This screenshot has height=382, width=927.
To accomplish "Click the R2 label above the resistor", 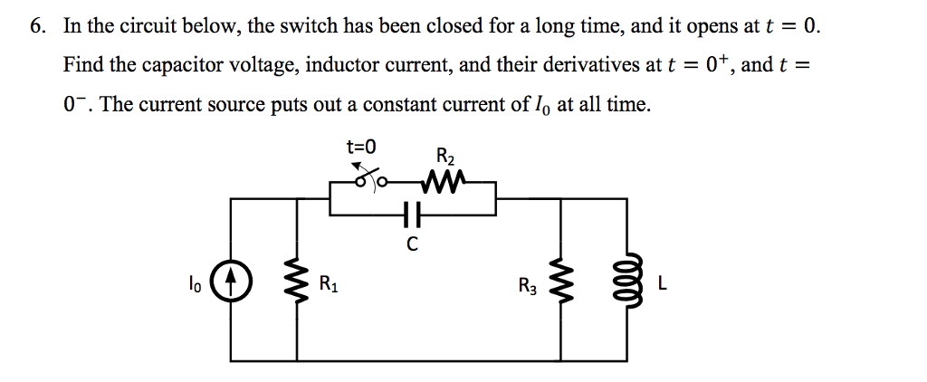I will coord(445,156).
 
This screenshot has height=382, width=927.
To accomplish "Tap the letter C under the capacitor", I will coord(412,244).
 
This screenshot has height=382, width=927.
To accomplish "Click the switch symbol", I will coord(369,180).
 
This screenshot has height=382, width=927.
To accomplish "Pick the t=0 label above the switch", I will coord(361,145).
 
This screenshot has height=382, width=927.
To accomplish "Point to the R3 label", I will coord(528,287).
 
